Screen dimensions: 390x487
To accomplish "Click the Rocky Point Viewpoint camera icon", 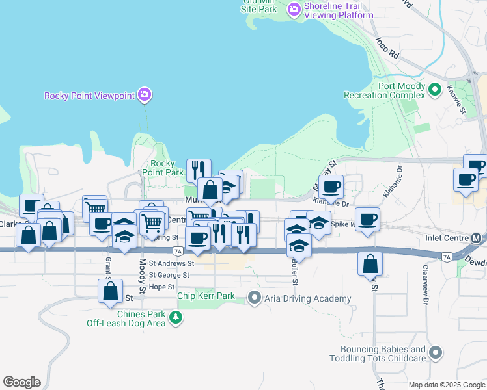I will (x=145, y=96).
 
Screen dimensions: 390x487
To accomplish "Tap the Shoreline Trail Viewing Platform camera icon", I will (x=294, y=8).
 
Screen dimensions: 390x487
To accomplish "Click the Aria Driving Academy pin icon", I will (x=254, y=298).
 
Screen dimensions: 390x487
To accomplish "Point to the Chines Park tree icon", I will (x=175, y=317).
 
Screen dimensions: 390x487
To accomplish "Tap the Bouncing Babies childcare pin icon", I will (x=436, y=353).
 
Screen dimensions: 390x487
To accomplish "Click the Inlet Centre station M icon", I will (x=477, y=238).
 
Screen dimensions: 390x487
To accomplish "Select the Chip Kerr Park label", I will (x=206, y=296).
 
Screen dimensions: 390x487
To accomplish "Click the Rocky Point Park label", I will (x=163, y=168).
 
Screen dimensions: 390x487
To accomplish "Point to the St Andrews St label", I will (x=171, y=264).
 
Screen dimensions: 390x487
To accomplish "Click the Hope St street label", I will (x=161, y=287).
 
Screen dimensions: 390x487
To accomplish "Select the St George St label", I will (x=169, y=275).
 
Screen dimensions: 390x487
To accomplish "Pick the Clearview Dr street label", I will (x=425, y=285).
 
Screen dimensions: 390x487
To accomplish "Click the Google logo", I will (x=21, y=382).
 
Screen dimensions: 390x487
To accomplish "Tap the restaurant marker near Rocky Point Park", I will (x=199, y=170).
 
